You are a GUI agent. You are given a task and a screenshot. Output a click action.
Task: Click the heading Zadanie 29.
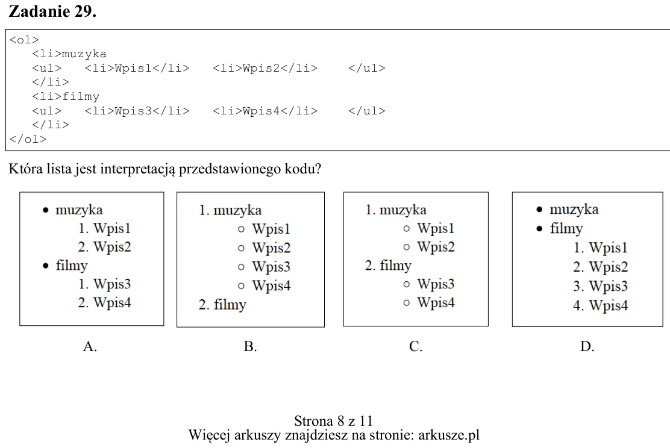point(52,11)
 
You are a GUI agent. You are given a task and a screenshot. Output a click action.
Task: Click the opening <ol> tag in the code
point(24,40)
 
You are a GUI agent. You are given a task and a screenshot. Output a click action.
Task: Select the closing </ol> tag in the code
point(28,139)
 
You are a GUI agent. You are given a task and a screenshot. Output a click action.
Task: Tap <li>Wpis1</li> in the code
point(137,68)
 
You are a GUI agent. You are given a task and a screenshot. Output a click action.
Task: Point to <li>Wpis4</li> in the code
point(265,111)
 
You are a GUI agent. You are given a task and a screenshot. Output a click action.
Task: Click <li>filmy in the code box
point(66,97)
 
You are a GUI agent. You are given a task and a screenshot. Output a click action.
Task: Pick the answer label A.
point(90,346)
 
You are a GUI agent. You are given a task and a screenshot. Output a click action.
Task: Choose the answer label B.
point(251,346)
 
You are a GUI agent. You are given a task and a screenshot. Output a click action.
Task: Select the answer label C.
point(416,346)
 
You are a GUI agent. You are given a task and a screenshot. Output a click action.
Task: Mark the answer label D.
point(587,346)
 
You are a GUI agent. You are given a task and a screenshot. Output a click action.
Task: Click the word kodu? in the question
point(303,169)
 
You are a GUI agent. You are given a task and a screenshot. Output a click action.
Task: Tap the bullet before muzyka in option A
point(46,210)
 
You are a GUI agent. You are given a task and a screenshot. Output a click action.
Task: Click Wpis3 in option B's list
point(271,267)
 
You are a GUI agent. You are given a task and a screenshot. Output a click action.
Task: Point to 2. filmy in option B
point(222,305)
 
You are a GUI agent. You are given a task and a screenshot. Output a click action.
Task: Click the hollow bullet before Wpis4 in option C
point(406,303)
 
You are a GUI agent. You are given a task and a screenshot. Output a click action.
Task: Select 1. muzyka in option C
point(396,210)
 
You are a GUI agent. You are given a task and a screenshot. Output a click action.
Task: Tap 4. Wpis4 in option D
point(601,305)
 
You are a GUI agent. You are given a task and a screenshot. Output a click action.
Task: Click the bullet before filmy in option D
point(540,229)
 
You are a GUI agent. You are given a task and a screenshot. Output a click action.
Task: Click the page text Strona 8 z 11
point(334,421)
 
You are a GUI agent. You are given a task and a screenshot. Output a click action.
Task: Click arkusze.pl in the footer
point(449,435)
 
